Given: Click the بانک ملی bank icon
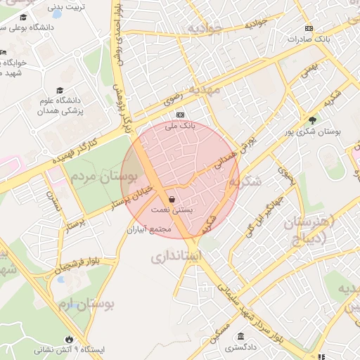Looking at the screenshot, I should [x=180, y=115].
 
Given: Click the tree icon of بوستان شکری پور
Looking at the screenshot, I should [x=312, y=120].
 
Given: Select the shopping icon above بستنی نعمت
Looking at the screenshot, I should [x=172, y=198].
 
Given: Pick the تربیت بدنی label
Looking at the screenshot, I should [x=67, y=8].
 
